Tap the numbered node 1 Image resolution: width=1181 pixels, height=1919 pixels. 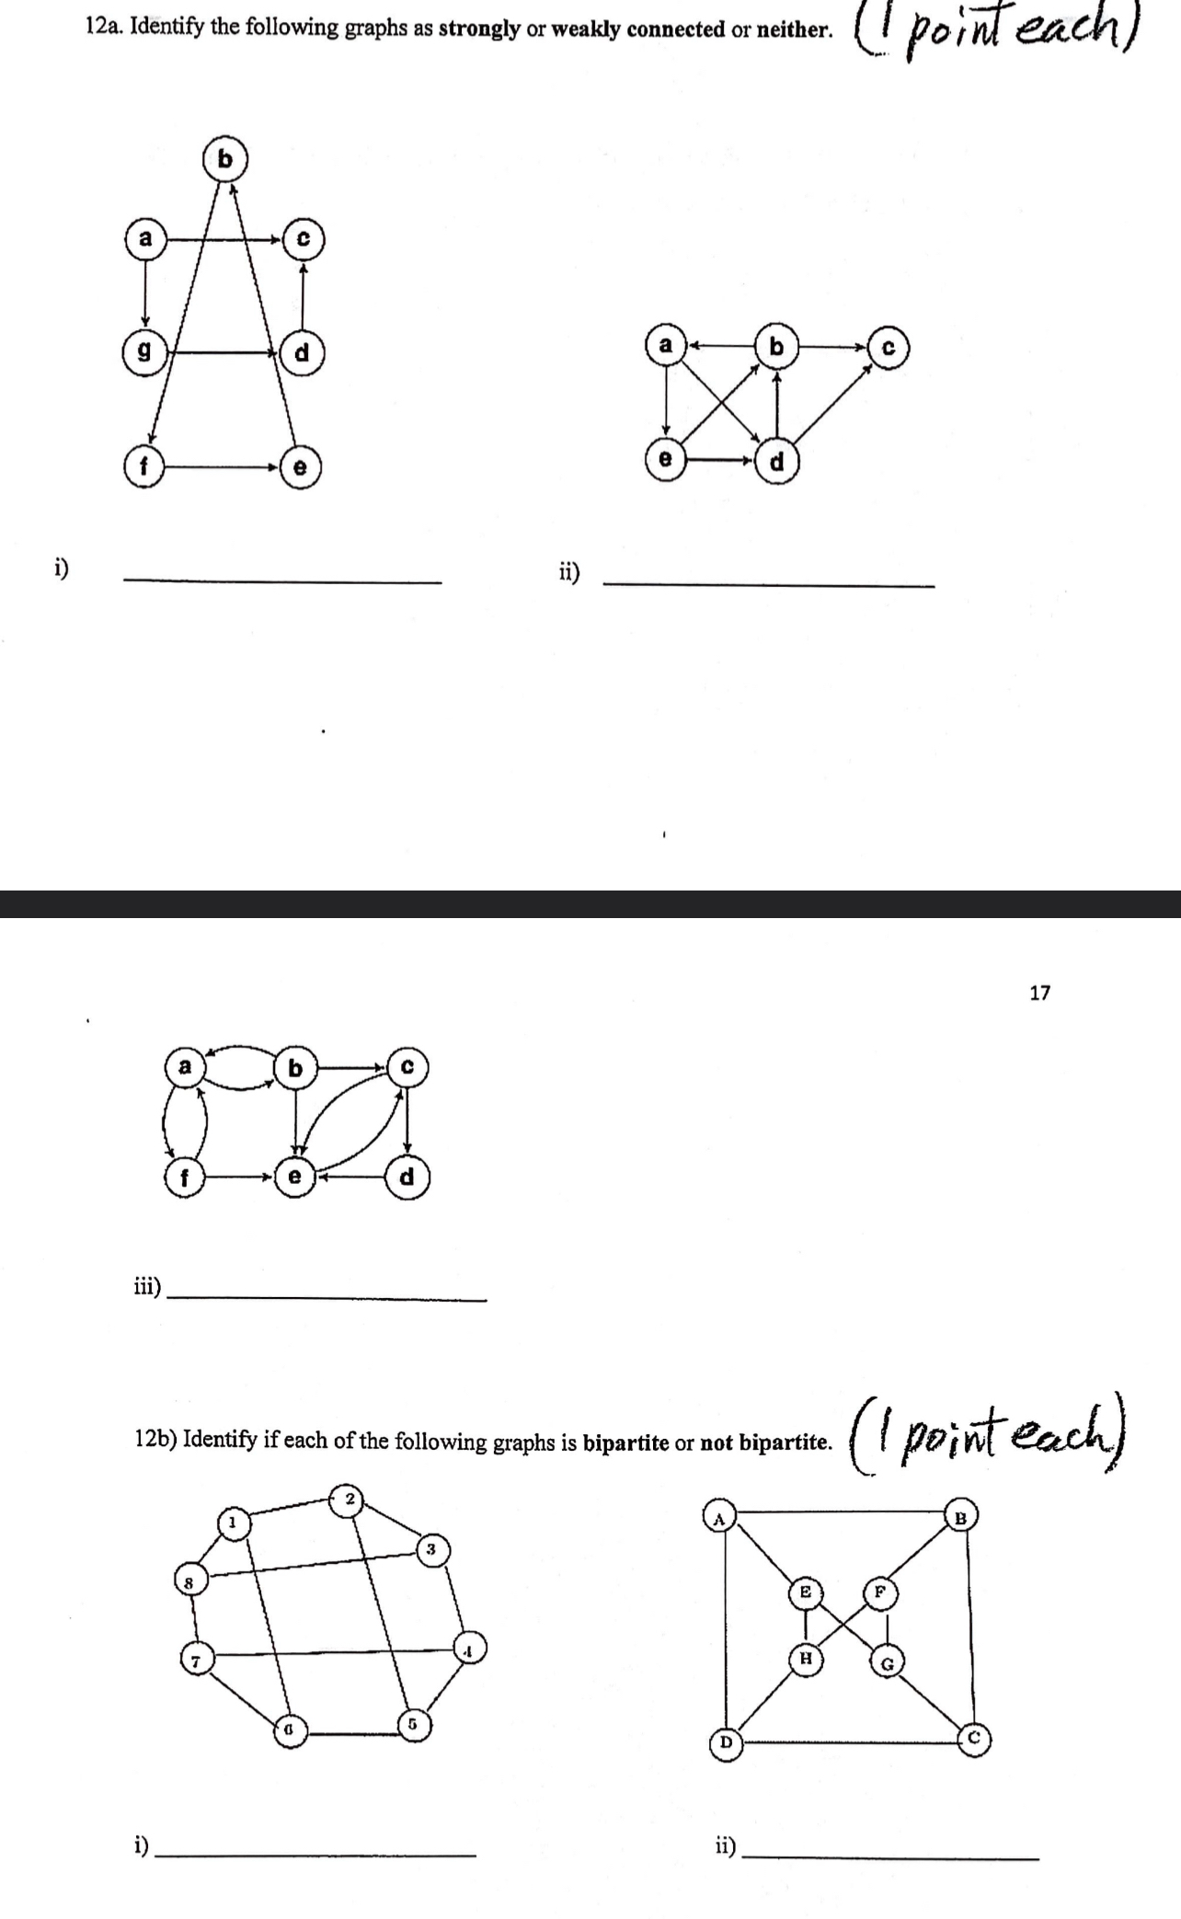coord(233,1523)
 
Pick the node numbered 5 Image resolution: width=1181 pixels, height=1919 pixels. coord(413,1723)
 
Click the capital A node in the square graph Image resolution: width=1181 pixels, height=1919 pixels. coord(719,1518)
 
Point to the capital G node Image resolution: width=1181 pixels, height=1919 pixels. coord(888,1662)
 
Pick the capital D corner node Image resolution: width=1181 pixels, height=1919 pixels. coord(725,1741)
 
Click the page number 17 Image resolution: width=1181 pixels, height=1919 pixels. coord(1039,993)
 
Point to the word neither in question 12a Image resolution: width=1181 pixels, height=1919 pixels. coord(793,29)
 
